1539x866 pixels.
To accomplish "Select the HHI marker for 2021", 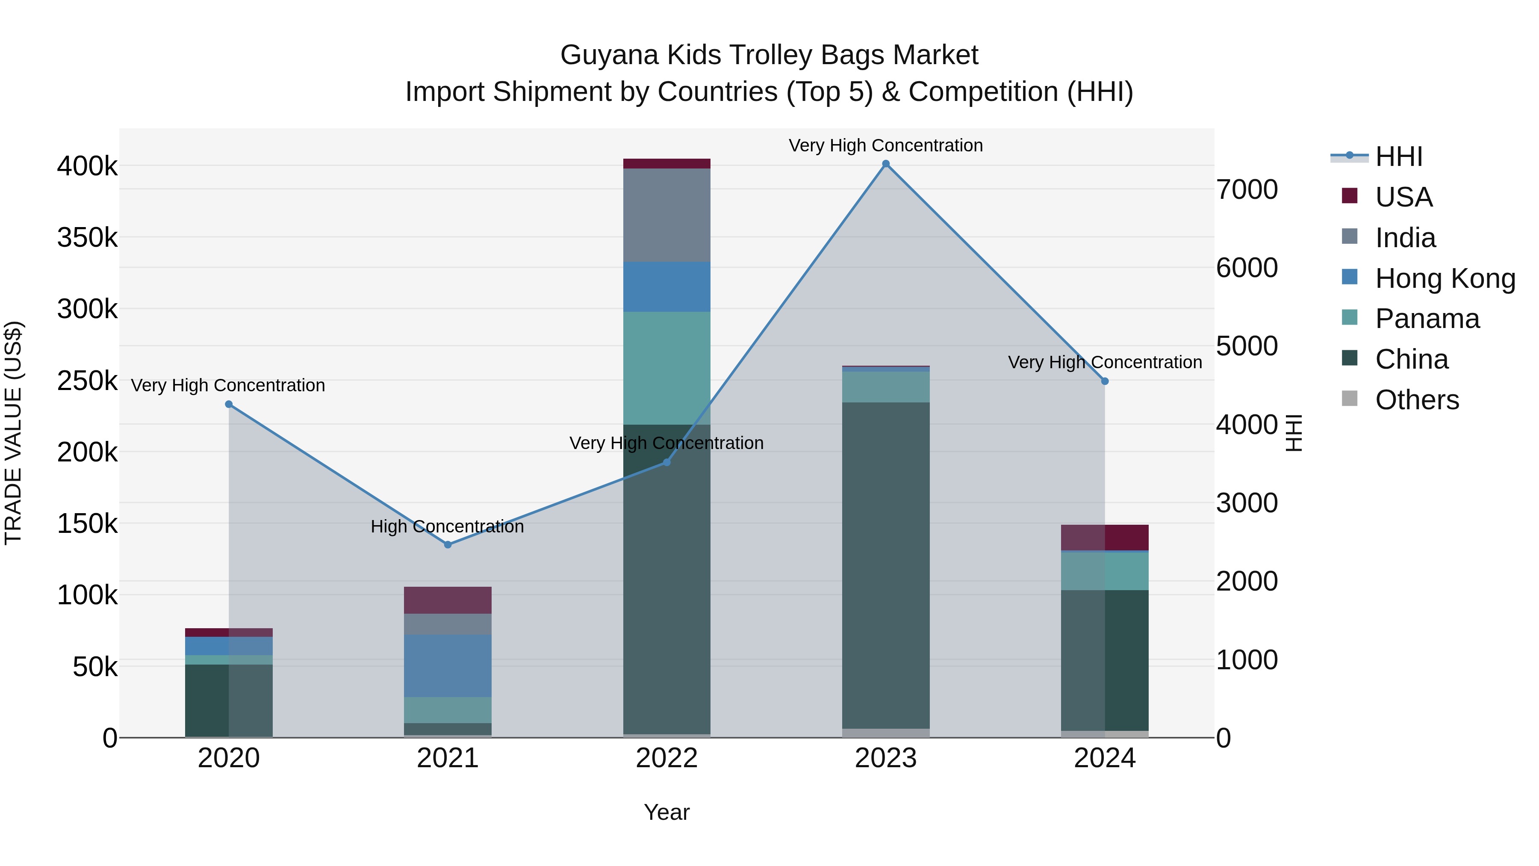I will coord(448,544).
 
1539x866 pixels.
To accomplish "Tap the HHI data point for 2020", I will coord(228,405).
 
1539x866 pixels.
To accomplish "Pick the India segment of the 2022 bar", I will coord(667,215).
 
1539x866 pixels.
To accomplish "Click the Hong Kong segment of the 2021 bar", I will coord(448,666).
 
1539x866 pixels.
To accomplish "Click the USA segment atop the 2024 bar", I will coord(1105,537).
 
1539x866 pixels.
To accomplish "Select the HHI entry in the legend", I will coord(1398,157).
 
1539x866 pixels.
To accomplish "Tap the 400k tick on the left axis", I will coord(87,166).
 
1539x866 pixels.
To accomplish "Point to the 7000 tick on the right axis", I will coord(1247,189).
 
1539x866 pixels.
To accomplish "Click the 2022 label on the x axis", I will coord(667,758).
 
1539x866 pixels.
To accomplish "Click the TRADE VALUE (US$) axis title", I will coord(13,433).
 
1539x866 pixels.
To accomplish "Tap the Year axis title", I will coord(667,812).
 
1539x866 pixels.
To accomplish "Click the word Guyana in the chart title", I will coord(609,55).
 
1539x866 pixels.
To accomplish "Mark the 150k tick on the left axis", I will coord(87,524).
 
